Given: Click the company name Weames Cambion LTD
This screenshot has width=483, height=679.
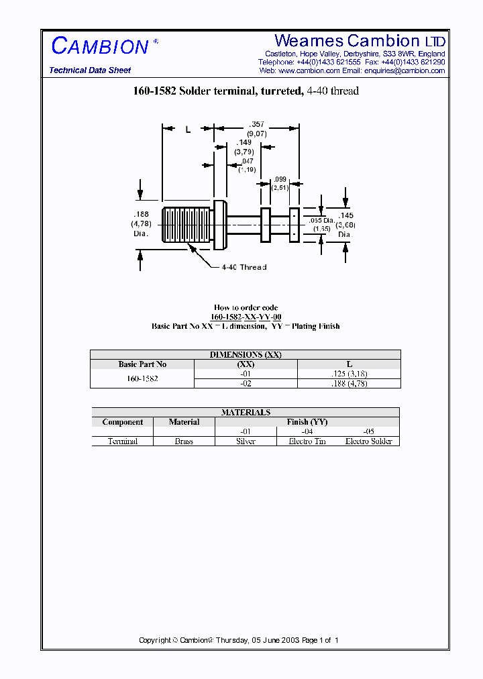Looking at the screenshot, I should tap(360, 42).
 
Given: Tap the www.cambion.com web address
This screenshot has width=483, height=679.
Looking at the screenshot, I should tap(309, 70).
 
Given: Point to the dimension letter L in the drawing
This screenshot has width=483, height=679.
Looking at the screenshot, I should tap(188, 129).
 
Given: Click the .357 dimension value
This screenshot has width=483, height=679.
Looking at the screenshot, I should tap(256, 125).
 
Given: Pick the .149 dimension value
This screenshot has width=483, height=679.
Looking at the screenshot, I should tap(243, 142).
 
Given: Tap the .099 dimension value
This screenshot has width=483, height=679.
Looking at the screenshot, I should tap(280, 179).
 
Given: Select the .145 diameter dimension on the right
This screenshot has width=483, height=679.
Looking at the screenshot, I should tap(345, 216).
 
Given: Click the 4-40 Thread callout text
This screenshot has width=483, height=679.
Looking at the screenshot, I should tap(244, 267).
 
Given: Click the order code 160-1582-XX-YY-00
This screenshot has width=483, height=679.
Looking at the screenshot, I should tap(246, 317).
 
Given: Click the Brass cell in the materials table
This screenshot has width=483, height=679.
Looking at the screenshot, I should tap(184, 441).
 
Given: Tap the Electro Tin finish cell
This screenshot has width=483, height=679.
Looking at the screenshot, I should tap(307, 441).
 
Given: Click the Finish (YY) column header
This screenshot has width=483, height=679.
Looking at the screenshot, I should tap(307, 422).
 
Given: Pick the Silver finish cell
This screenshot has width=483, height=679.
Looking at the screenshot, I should tap(246, 441).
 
